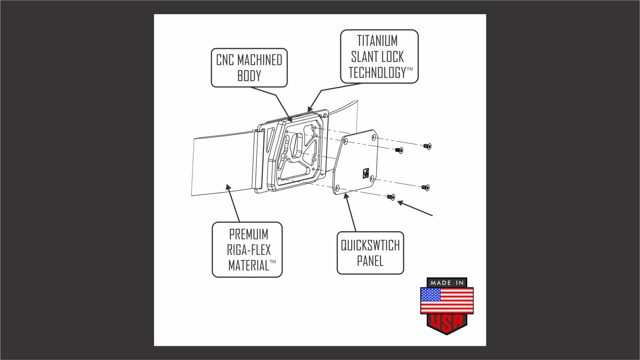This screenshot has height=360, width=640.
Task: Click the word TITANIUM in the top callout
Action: [x=377, y=41]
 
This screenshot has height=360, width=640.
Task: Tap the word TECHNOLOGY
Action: [x=377, y=72]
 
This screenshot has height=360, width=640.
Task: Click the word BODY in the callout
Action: [x=249, y=75]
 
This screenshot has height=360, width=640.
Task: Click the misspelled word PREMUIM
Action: [x=248, y=234]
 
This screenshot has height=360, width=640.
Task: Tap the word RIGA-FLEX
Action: [x=248, y=250]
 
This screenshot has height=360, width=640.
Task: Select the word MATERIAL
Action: [x=248, y=265]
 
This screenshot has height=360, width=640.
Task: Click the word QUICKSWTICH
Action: [x=370, y=245]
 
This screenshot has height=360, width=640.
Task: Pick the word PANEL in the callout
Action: [x=370, y=261]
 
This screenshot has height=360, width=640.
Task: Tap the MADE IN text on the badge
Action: [x=447, y=283]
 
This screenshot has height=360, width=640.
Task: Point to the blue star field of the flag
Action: [x=431, y=295]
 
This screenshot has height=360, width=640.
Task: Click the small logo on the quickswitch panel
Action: [x=366, y=172]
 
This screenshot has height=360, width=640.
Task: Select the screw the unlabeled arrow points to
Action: [x=390, y=197]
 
